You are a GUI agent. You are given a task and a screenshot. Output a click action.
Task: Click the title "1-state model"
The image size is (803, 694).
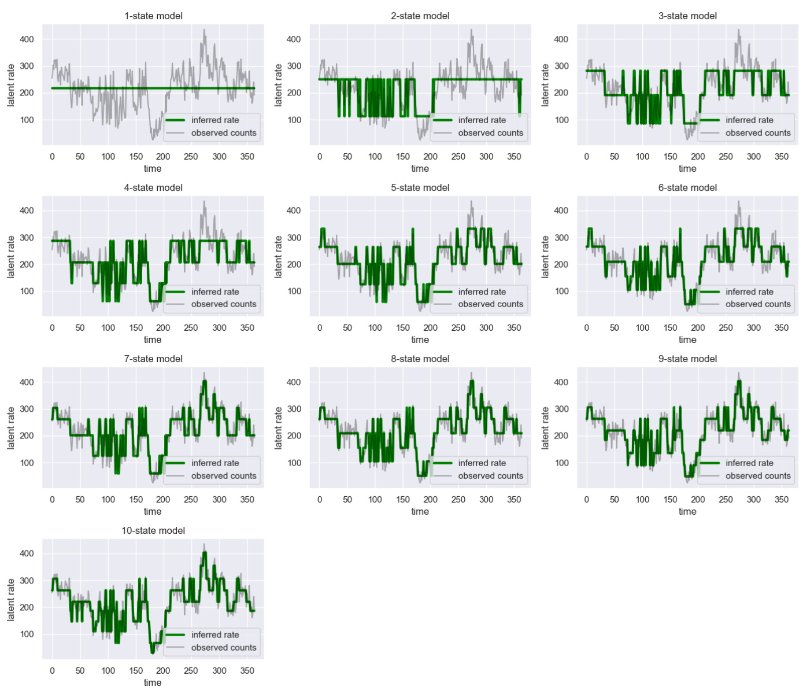(153, 16)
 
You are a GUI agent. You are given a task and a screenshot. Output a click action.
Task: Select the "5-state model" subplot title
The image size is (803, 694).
(420, 187)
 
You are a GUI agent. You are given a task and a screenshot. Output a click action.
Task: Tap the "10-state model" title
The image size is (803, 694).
(153, 530)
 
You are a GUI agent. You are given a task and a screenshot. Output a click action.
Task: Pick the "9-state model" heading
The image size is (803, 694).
(687, 359)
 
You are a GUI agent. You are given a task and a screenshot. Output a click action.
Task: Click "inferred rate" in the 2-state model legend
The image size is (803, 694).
(482, 120)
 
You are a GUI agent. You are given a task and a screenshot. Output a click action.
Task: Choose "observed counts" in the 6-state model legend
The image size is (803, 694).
(758, 304)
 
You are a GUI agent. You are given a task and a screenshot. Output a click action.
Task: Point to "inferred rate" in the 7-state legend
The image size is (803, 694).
(214, 463)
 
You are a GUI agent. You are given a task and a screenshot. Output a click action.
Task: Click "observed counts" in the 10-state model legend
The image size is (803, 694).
(223, 648)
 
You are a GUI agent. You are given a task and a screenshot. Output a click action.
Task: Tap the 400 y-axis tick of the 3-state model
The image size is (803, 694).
(561, 39)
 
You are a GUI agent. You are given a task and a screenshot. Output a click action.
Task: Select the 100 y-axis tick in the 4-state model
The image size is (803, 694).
(27, 291)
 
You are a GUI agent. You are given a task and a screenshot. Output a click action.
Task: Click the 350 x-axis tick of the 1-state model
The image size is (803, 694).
(247, 157)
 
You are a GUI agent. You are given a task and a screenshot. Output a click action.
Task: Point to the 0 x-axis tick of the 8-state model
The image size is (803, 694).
(320, 500)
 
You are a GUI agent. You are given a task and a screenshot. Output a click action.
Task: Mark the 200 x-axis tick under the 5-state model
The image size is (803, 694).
(431, 328)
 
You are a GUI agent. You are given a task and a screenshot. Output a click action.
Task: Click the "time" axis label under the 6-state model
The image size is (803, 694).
(687, 340)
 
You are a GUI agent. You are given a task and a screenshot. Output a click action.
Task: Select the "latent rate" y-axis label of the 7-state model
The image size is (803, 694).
(11, 428)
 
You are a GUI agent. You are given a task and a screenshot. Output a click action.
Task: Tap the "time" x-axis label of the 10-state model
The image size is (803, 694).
(153, 683)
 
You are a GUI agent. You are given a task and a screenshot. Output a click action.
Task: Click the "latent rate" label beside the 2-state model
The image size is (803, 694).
(278, 85)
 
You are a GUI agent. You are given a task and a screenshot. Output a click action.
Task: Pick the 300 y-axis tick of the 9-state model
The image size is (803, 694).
(561, 409)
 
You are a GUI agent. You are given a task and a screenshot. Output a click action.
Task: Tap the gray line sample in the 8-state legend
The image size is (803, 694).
(442, 476)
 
